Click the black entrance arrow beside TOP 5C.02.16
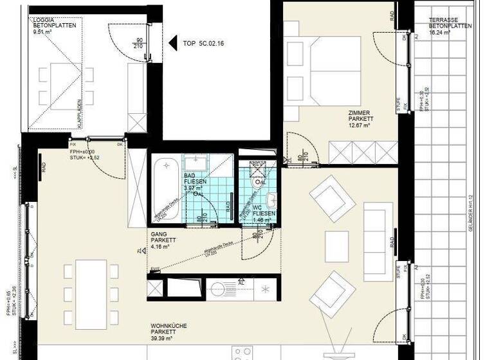[x=173, y=43]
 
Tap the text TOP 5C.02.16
[x=204, y=44]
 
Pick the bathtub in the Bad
[x=167, y=186]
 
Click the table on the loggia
[x=62, y=84]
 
